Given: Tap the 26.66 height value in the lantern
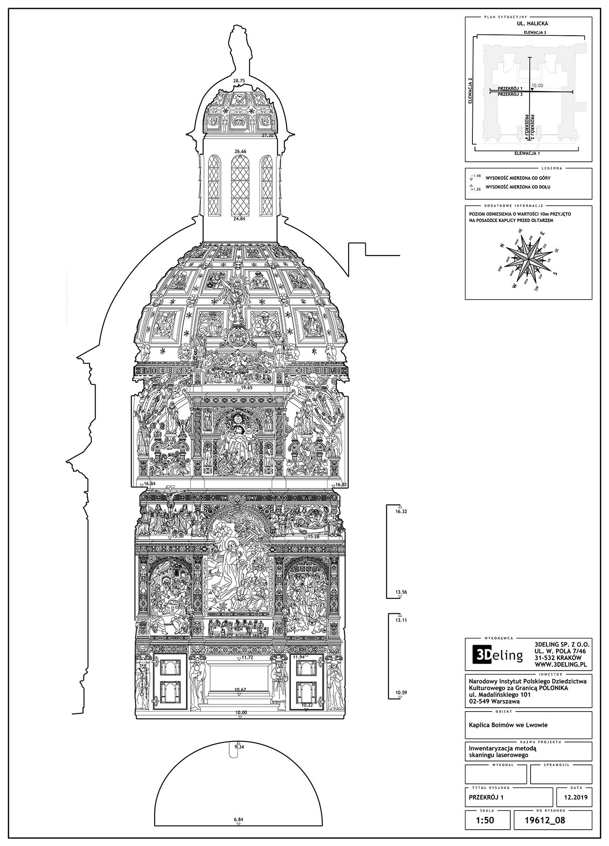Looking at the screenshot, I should [241, 151].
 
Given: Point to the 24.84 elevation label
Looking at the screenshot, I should [240, 219].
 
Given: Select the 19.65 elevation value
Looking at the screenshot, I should [246, 388].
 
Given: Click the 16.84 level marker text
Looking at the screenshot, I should [150, 483].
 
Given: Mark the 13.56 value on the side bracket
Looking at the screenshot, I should [401, 592].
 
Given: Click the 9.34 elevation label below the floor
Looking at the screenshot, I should [239, 747].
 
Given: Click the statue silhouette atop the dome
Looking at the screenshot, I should [241, 51].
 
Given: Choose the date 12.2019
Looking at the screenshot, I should [573, 797].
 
